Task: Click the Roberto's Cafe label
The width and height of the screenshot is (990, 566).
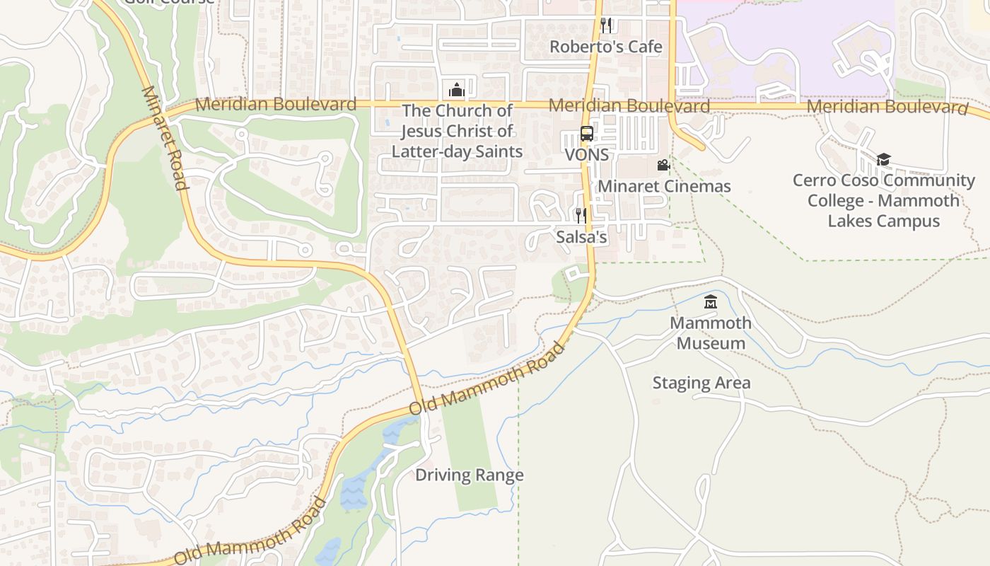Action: click(606, 47)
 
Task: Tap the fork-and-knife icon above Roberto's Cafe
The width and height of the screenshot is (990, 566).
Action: click(606, 25)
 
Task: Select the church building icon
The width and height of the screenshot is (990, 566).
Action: click(457, 90)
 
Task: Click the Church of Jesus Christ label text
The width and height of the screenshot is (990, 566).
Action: click(457, 131)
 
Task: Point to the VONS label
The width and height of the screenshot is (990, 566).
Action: click(587, 154)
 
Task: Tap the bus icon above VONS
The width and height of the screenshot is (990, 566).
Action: click(587, 133)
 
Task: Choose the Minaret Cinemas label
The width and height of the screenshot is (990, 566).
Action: click(664, 187)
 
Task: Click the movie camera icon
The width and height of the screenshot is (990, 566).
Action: click(663, 165)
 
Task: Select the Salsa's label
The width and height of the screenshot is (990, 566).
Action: click(581, 237)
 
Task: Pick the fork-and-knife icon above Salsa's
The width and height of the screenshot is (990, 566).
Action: click(581, 215)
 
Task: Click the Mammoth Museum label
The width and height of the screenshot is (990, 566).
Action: click(711, 333)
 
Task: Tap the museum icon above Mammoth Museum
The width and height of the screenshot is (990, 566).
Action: click(711, 302)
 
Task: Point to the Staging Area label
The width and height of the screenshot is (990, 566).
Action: click(701, 383)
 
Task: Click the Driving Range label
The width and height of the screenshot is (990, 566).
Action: click(470, 475)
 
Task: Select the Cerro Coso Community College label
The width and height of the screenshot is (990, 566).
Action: click(884, 200)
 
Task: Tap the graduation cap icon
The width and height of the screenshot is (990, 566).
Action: click(883, 159)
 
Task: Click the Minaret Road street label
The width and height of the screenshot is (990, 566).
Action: click(165, 138)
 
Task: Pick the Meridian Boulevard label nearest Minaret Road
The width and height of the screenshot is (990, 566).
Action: click(276, 104)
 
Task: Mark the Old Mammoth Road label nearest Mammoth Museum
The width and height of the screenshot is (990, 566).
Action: click(488, 379)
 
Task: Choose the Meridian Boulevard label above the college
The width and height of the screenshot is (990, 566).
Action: click(887, 107)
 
